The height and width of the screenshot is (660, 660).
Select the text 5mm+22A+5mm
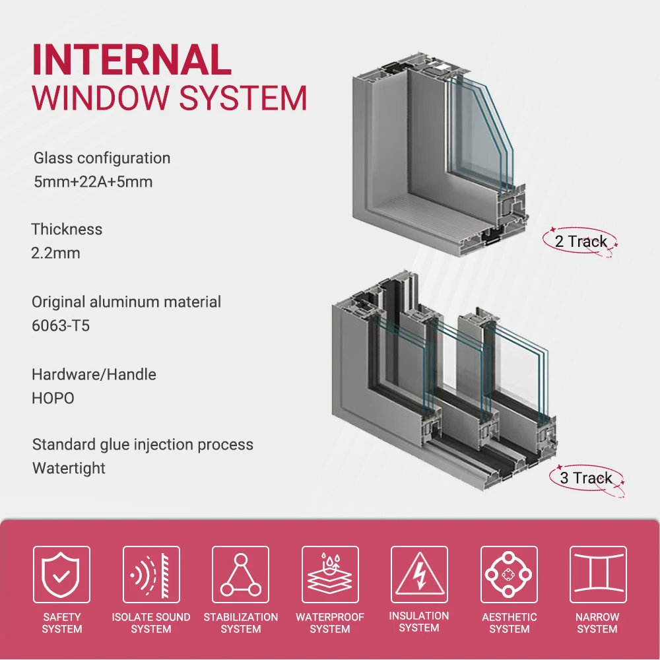[x=93, y=181]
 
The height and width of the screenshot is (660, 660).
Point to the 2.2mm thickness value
[x=55, y=253]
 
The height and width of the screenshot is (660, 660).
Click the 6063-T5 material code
[x=61, y=325]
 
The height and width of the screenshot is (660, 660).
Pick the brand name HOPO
[x=53, y=398]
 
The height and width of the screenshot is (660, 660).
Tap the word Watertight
[x=69, y=469]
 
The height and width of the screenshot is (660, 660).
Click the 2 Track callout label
[x=581, y=242]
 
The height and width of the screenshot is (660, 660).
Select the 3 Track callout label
[x=585, y=478]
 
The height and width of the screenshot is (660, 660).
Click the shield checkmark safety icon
[x=61, y=574]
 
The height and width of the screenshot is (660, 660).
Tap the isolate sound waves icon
[x=151, y=574]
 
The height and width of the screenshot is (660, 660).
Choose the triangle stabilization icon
[x=240, y=574]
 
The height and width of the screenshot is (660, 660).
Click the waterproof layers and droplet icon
[x=330, y=574]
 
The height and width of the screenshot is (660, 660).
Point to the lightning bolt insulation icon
[x=419, y=574]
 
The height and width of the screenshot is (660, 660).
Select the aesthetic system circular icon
[x=509, y=574]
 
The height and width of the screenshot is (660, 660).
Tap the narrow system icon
[x=597, y=574]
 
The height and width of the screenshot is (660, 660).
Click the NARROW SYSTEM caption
[x=597, y=623]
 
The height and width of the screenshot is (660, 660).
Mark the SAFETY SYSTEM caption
[x=61, y=623]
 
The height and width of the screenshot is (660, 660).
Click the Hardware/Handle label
[x=94, y=375]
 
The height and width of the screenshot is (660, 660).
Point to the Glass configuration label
[x=102, y=158]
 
